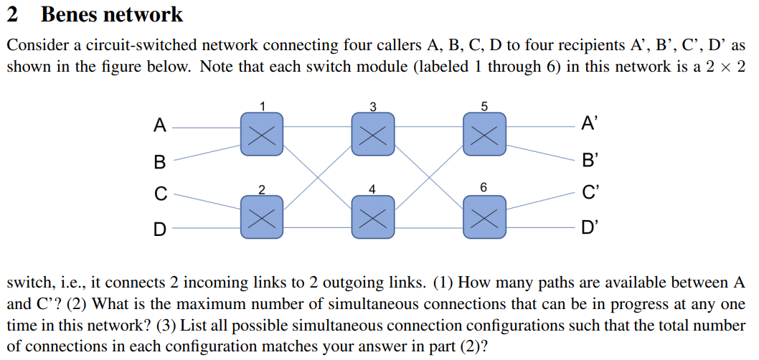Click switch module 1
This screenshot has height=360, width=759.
pos(262,133)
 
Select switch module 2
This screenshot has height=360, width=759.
pos(262,216)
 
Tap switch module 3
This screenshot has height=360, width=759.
pos(372,133)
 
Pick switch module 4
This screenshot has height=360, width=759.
pos(372,216)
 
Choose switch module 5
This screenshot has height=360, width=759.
pos(484,133)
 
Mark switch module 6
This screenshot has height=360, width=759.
pos(484,216)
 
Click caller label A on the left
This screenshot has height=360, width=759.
pos(160,126)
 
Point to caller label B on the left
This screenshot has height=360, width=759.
pos(159,161)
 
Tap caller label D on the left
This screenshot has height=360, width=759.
pos(160,229)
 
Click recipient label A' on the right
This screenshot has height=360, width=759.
pos(588,126)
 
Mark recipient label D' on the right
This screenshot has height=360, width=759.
pos(588,229)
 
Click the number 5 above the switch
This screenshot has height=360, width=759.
pos(484,106)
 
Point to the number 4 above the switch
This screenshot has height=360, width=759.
pos(372,189)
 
